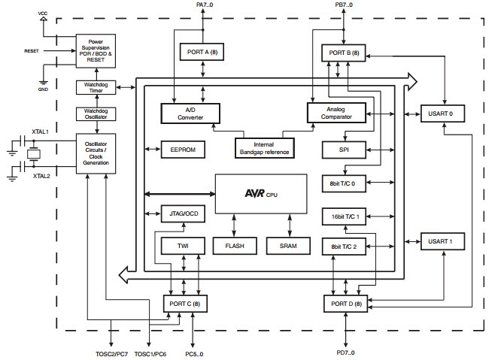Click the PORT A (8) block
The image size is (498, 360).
202,52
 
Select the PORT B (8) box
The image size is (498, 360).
344,53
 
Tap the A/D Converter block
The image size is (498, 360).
190,113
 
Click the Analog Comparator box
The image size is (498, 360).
336,113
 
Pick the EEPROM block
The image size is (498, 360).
183,150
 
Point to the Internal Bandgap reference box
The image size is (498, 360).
265,148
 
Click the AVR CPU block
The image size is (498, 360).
261,193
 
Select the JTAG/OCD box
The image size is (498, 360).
183,213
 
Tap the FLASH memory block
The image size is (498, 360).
235,246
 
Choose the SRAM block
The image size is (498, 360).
288,246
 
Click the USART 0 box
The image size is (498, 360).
442,113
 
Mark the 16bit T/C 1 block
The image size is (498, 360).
344,216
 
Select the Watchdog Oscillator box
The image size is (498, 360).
96,114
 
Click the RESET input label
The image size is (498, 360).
32,51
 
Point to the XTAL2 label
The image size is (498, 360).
41,176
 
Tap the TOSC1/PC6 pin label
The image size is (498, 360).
150,354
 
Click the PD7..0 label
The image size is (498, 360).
345,352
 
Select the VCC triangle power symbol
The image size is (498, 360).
43,19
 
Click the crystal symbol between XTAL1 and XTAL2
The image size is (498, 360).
33,155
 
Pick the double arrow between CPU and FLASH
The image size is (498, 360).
234,225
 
